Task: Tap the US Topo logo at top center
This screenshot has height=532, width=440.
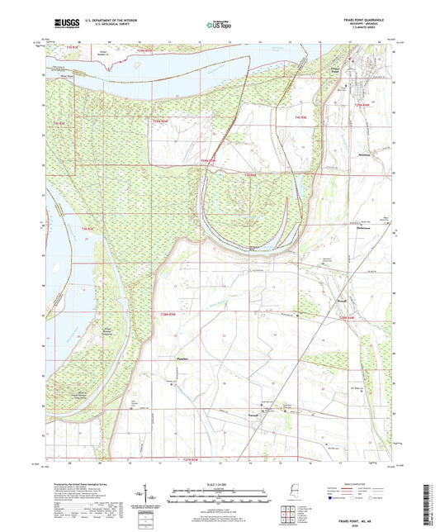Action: tap(218, 26)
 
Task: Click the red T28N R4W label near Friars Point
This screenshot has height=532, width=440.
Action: tap(362, 105)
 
